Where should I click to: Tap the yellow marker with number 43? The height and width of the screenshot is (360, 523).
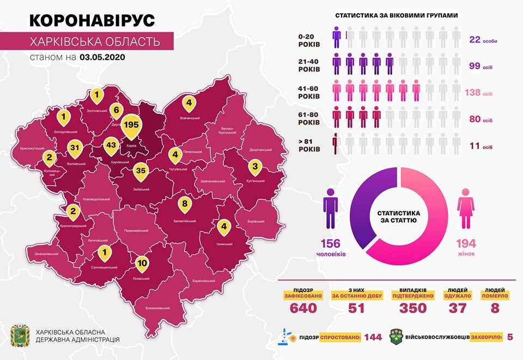coord(111,145)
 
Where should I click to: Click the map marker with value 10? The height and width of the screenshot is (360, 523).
coord(142,263)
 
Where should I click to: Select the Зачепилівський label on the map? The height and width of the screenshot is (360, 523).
coord(46,253)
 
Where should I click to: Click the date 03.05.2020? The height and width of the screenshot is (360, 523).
coord(102,56)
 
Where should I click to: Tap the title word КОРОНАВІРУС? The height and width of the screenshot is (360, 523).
coord(92,20)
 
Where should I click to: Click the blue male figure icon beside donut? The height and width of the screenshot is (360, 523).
coord(331,209)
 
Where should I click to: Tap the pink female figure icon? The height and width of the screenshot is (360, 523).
coord(466,209)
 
